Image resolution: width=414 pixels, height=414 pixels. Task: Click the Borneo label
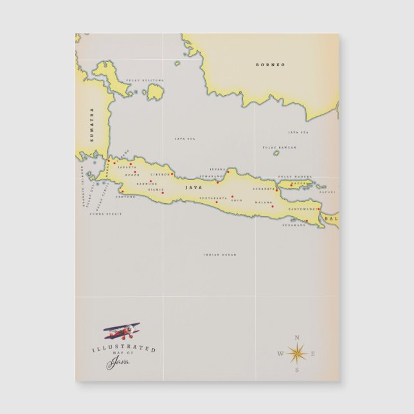tap(270, 65)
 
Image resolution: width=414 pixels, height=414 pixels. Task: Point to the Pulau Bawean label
tap(280, 147)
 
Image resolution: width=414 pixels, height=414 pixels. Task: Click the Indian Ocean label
tap(220, 255)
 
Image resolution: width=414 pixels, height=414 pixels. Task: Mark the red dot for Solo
tap(232, 196)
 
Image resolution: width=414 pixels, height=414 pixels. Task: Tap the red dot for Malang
tap(273, 206)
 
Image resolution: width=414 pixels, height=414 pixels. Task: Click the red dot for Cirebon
tap(172, 174)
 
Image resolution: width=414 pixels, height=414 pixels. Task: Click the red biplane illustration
tap(123, 332)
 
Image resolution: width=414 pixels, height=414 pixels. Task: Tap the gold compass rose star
tap(296, 353)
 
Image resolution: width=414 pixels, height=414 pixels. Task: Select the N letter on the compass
tap(296, 337)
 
